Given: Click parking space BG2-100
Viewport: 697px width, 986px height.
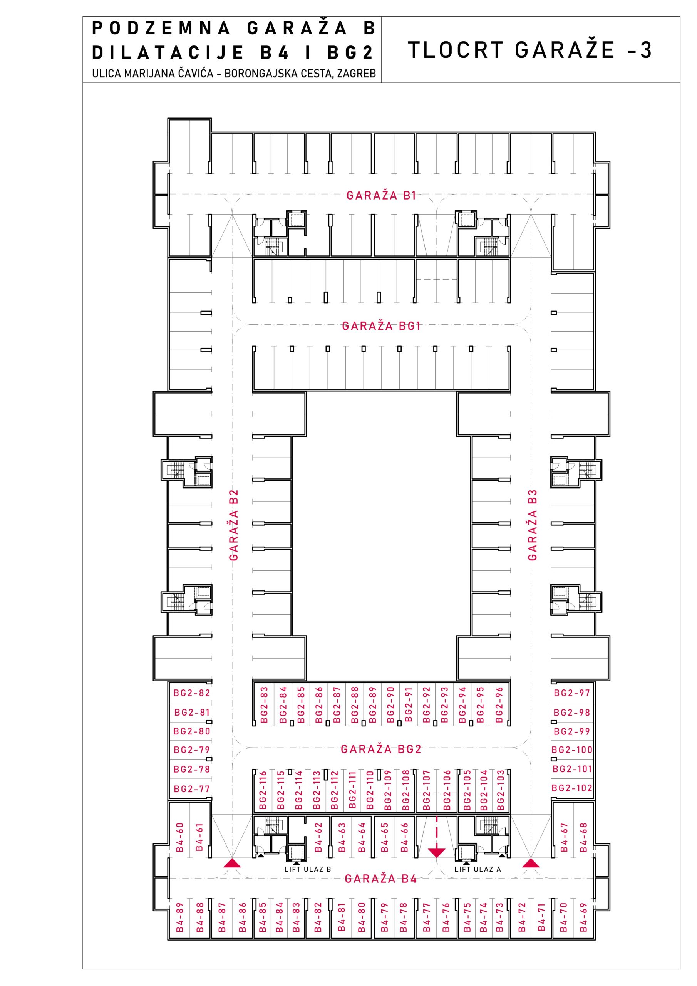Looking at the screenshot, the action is pyautogui.click(x=571, y=750).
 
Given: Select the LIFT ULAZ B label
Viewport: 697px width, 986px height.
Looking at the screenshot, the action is pyautogui.click(x=307, y=869).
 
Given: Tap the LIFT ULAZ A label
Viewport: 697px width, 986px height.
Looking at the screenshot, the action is pyautogui.click(x=478, y=869).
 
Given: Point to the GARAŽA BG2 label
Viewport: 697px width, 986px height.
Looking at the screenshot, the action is pyautogui.click(x=381, y=750).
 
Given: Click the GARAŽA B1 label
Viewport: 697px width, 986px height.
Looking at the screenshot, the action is pyautogui.click(x=381, y=195).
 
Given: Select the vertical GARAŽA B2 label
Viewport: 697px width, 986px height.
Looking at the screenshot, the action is pyautogui.click(x=234, y=525).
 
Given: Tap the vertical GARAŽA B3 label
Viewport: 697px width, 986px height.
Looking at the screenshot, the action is pyautogui.click(x=533, y=525).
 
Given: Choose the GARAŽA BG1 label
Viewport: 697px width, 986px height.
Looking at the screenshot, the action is pyautogui.click(x=381, y=326).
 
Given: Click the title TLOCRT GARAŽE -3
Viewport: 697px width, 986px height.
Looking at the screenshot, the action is pyautogui.click(x=529, y=49).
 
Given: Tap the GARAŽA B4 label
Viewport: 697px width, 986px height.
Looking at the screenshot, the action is pyautogui.click(x=381, y=879).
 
